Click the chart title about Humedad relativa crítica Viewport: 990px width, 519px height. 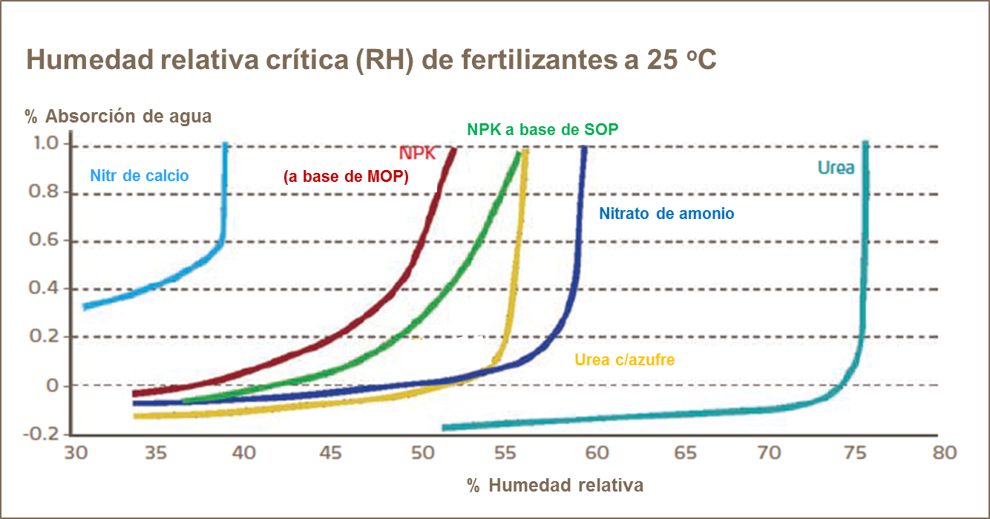pyautogui.click(x=371, y=60)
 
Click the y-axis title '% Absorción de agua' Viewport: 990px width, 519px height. pyautogui.click(x=119, y=117)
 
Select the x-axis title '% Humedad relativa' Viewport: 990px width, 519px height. pyautogui.click(x=555, y=486)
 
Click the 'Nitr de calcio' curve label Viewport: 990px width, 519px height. pyautogui.click(x=140, y=176)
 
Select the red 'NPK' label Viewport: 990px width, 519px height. pyautogui.click(x=417, y=154)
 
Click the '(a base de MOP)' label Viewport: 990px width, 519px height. pyautogui.click(x=346, y=177)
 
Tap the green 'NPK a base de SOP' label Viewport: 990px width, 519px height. pyautogui.click(x=542, y=128)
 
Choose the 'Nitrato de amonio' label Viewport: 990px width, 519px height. pyautogui.click(x=666, y=214)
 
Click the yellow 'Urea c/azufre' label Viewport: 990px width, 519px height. pyautogui.click(x=624, y=360)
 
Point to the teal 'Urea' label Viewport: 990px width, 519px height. pyautogui.click(x=836, y=168)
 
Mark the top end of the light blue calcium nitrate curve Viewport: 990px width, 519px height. pyautogui.click(x=225, y=145)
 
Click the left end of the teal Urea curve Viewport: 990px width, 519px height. pyautogui.click(x=444, y=428)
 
